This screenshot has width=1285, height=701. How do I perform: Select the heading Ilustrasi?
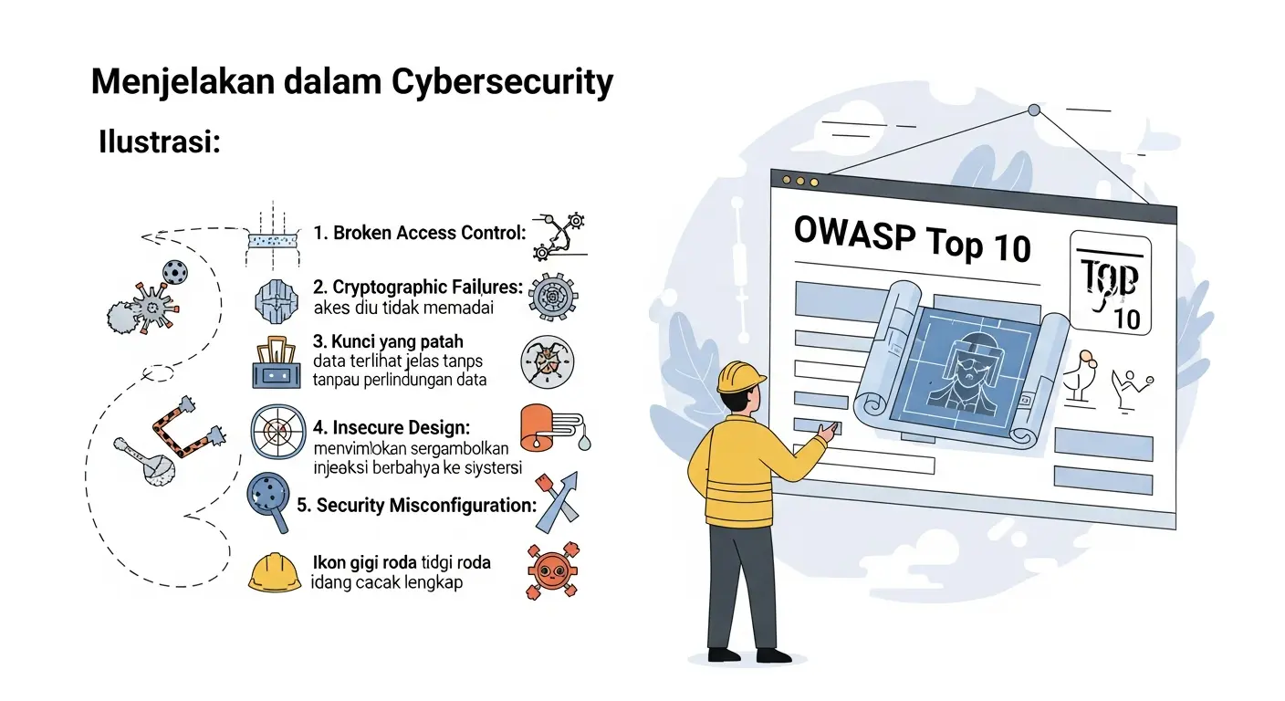160,143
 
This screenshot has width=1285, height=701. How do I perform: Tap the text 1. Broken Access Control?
420,233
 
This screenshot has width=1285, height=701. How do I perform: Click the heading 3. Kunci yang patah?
388,342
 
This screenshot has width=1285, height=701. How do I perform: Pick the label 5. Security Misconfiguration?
416,505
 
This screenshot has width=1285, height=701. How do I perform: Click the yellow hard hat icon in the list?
275,573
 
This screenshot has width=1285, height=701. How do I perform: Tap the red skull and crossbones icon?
551,570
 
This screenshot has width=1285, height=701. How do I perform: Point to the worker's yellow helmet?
740,376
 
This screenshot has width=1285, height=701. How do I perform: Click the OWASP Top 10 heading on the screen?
913,238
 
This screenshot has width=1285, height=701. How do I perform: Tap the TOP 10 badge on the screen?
1109,284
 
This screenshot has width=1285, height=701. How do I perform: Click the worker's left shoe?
726,654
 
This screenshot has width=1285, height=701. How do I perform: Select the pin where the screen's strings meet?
1033,110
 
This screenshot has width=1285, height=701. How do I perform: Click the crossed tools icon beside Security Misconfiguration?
557,502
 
